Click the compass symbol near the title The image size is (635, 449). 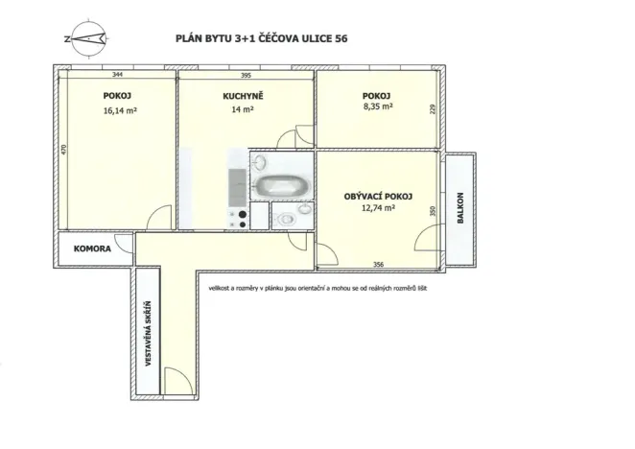click(x=87, y=39)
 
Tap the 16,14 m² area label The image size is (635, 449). click(x=120, y=110)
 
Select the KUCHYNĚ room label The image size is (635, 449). click(x=243, y=96)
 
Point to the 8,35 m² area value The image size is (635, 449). click(x=378, y=106)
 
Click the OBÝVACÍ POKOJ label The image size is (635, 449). click(x=378, y=197)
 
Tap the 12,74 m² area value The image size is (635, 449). click(x=378, y=208)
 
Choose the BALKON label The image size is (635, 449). click(x=460, y=208)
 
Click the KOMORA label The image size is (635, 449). click(x=92, y=248)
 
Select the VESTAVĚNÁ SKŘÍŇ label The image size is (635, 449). click(x=148, y=334)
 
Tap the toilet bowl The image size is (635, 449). click(x=286, y=220)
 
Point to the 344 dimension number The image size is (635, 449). click(x=117, y=74)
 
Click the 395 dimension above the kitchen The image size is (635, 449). click(x=246, y=75)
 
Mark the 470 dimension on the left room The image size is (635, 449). click(x=63, y=150)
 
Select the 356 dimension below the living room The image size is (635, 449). click(x=378, y=265)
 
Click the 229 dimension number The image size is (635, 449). click(x=432, y=109)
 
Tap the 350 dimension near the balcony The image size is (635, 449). click(x=432, y=211)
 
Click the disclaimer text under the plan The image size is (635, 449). click(x=317, y=289)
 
